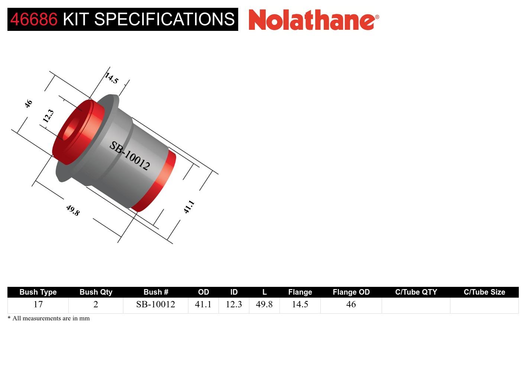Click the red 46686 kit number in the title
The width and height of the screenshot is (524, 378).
(34, 19)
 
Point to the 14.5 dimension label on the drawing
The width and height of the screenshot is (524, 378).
(111, 78)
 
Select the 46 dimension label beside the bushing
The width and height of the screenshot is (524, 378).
(28, 104)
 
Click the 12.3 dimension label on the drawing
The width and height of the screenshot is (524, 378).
(48, 116)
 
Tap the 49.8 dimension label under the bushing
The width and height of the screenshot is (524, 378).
(72, 210)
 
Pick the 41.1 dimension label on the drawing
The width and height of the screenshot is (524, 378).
(189, 207)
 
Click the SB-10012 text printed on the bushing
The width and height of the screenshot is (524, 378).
(129, 156)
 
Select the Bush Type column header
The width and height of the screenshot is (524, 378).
(38, 292)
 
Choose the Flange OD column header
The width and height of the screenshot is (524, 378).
(351, 292)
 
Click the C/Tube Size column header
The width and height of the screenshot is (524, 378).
(484, 292)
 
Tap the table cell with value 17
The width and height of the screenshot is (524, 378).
(38, 304)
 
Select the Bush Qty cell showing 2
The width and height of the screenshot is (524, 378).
(96, 304)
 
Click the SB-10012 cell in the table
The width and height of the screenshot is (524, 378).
(155, 304)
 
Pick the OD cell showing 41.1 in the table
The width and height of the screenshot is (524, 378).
(203, 304)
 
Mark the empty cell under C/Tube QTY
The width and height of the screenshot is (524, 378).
(415, 305)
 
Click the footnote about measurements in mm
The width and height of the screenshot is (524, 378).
(49, 318)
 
